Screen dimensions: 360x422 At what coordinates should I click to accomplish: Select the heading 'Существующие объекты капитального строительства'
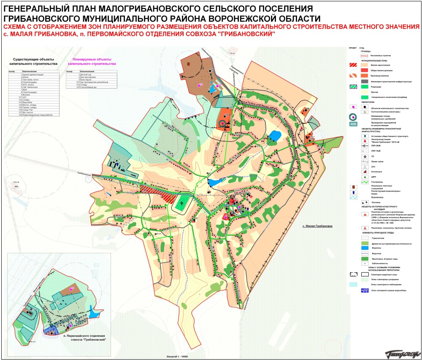(x=32, y=62)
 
